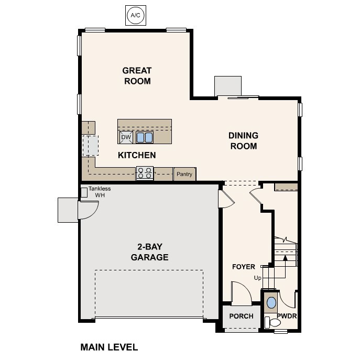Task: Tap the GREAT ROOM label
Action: tap(137, 76)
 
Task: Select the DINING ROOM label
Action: tap(243, 141)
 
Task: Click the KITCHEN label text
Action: tap(136, 155)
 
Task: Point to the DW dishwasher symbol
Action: tap(126, 137)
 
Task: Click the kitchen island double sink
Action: tap(145, 137)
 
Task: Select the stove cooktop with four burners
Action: tap(145, 173)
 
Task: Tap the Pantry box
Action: tap(184, 174)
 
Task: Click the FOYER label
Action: tap(244, 267)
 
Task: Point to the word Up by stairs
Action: tap(257, 278)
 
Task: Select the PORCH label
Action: tap(241, 316)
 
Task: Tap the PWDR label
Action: tap(287, 316)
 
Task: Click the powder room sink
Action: tap(271, 303)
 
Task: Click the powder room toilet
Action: tap(269, 321)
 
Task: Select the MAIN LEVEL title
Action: tap(109, 347)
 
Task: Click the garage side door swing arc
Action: tap(88, 210)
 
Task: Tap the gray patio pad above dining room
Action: tap(226, 86)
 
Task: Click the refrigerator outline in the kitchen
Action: tap(90, 145)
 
